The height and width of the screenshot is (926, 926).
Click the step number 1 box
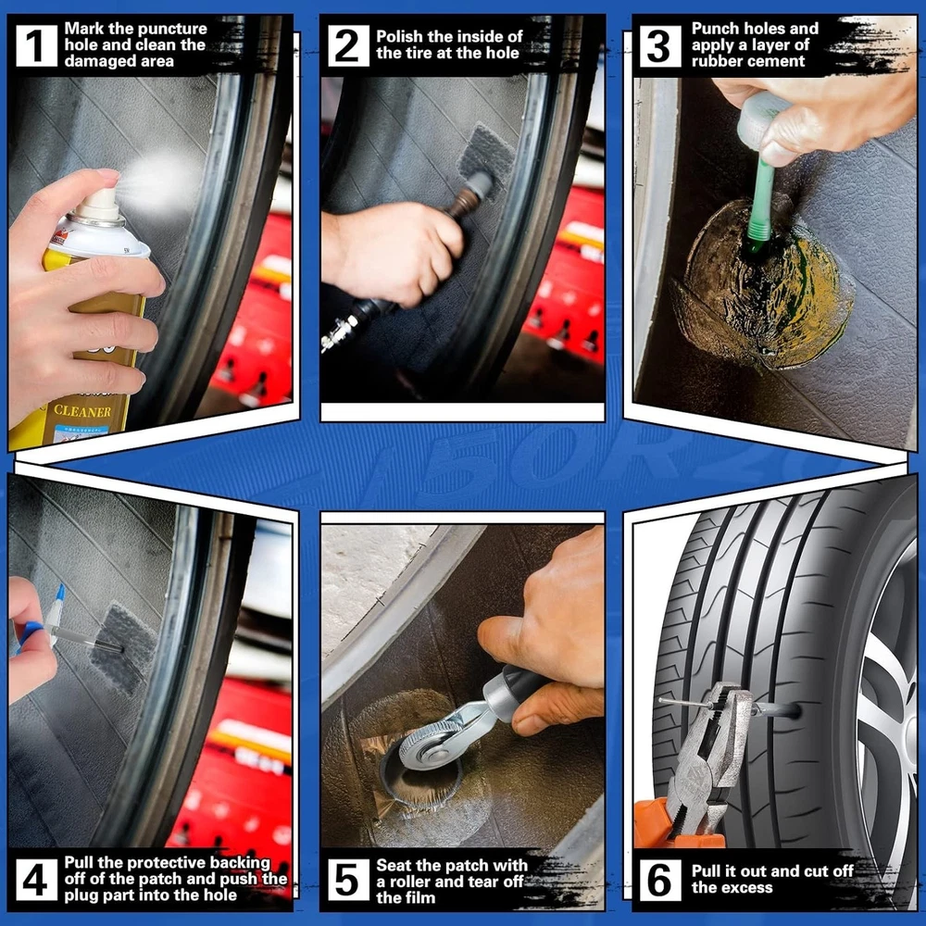(x=36, y=45)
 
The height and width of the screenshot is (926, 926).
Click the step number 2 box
(x=347, y=45)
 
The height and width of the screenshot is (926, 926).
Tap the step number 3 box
(x=660, y=45)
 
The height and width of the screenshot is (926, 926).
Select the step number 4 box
(x=36, y=880)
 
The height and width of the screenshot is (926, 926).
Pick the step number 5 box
(x=347, y=880)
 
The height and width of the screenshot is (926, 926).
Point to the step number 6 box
(x=660, y=880)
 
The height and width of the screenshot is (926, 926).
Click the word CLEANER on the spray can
(x=82, y=411)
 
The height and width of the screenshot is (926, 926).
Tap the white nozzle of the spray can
(x=100, y=204)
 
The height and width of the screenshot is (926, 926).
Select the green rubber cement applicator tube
(x=762, y=201)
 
